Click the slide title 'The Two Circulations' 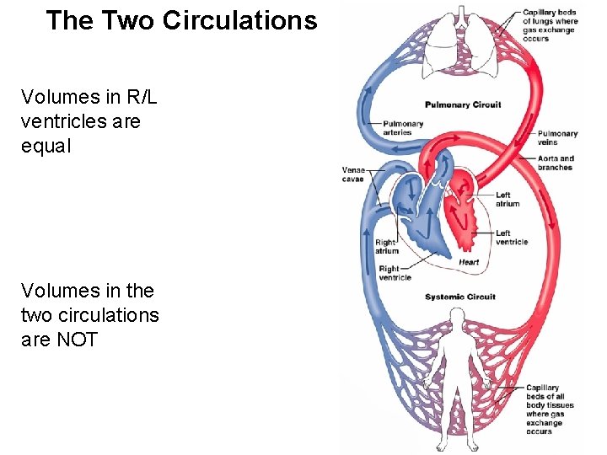181,21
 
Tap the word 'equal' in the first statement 46,146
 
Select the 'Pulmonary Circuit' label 462,105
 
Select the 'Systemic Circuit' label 459,297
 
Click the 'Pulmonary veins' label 557,137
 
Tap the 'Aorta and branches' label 556,163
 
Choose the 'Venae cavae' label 353,174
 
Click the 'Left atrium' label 508,200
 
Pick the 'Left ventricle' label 511,238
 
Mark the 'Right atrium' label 387,247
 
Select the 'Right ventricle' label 395,273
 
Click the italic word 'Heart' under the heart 469,262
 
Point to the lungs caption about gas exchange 550,24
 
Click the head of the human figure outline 457,318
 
